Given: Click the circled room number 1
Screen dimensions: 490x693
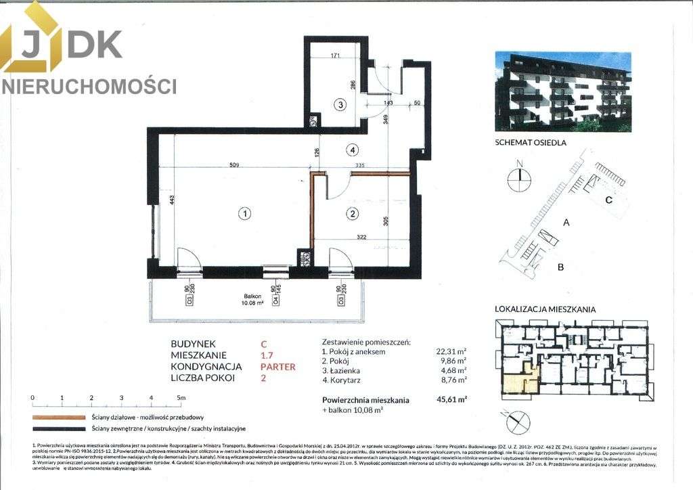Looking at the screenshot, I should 244,214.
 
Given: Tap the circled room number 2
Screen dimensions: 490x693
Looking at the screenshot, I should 352,215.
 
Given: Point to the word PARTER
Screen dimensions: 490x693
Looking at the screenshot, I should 278,367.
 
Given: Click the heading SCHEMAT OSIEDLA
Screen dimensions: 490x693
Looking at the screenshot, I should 531,142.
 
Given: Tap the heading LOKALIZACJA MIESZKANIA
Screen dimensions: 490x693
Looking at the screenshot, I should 545,309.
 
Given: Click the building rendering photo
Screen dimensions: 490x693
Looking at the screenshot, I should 562,92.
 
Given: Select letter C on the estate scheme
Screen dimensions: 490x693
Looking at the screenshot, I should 608,200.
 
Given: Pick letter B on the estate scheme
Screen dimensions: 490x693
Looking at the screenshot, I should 560,267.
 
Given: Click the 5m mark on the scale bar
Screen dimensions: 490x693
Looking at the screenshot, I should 180,398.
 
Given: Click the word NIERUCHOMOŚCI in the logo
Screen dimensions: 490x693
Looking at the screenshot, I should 89,86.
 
